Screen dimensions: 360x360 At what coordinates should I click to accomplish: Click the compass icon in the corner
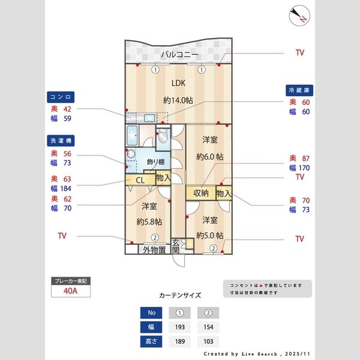(x=299, y=16)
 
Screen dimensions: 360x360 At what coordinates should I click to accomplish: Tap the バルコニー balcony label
(x=179, y=55)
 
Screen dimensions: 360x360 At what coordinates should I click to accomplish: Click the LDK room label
(x=178, y=83)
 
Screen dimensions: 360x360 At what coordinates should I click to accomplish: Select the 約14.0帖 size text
(x=178, y=100)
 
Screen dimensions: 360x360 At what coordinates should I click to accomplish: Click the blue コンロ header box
(x=61, y=97)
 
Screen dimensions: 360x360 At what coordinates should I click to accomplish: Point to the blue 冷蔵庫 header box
(x=299, y=90)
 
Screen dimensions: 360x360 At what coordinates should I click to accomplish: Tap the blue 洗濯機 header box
(x=61, y=140)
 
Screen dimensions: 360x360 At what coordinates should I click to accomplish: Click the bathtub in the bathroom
(x=132, y=136)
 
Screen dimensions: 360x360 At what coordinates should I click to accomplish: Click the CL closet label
(x=140, y=180)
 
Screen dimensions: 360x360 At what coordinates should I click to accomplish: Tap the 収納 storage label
(x=200, y=193)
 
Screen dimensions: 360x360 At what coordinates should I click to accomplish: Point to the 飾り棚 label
(x=155, y=162)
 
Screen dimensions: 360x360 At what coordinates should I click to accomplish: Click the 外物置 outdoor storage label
(x=154, y=250)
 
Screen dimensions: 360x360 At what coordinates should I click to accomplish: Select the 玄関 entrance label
(x=176, y=247)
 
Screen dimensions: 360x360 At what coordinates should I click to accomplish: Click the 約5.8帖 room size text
(x=149, y=222)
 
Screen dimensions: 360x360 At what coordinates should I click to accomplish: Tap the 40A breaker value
(x=70, y=291)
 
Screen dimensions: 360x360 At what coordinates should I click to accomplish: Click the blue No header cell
(x=151, y=313)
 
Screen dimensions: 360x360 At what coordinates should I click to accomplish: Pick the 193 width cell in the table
(x=180, y=327)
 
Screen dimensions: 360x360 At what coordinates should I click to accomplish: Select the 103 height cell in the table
(x=208, y=341)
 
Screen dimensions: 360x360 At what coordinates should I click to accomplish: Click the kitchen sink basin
(x=149, y=118)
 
